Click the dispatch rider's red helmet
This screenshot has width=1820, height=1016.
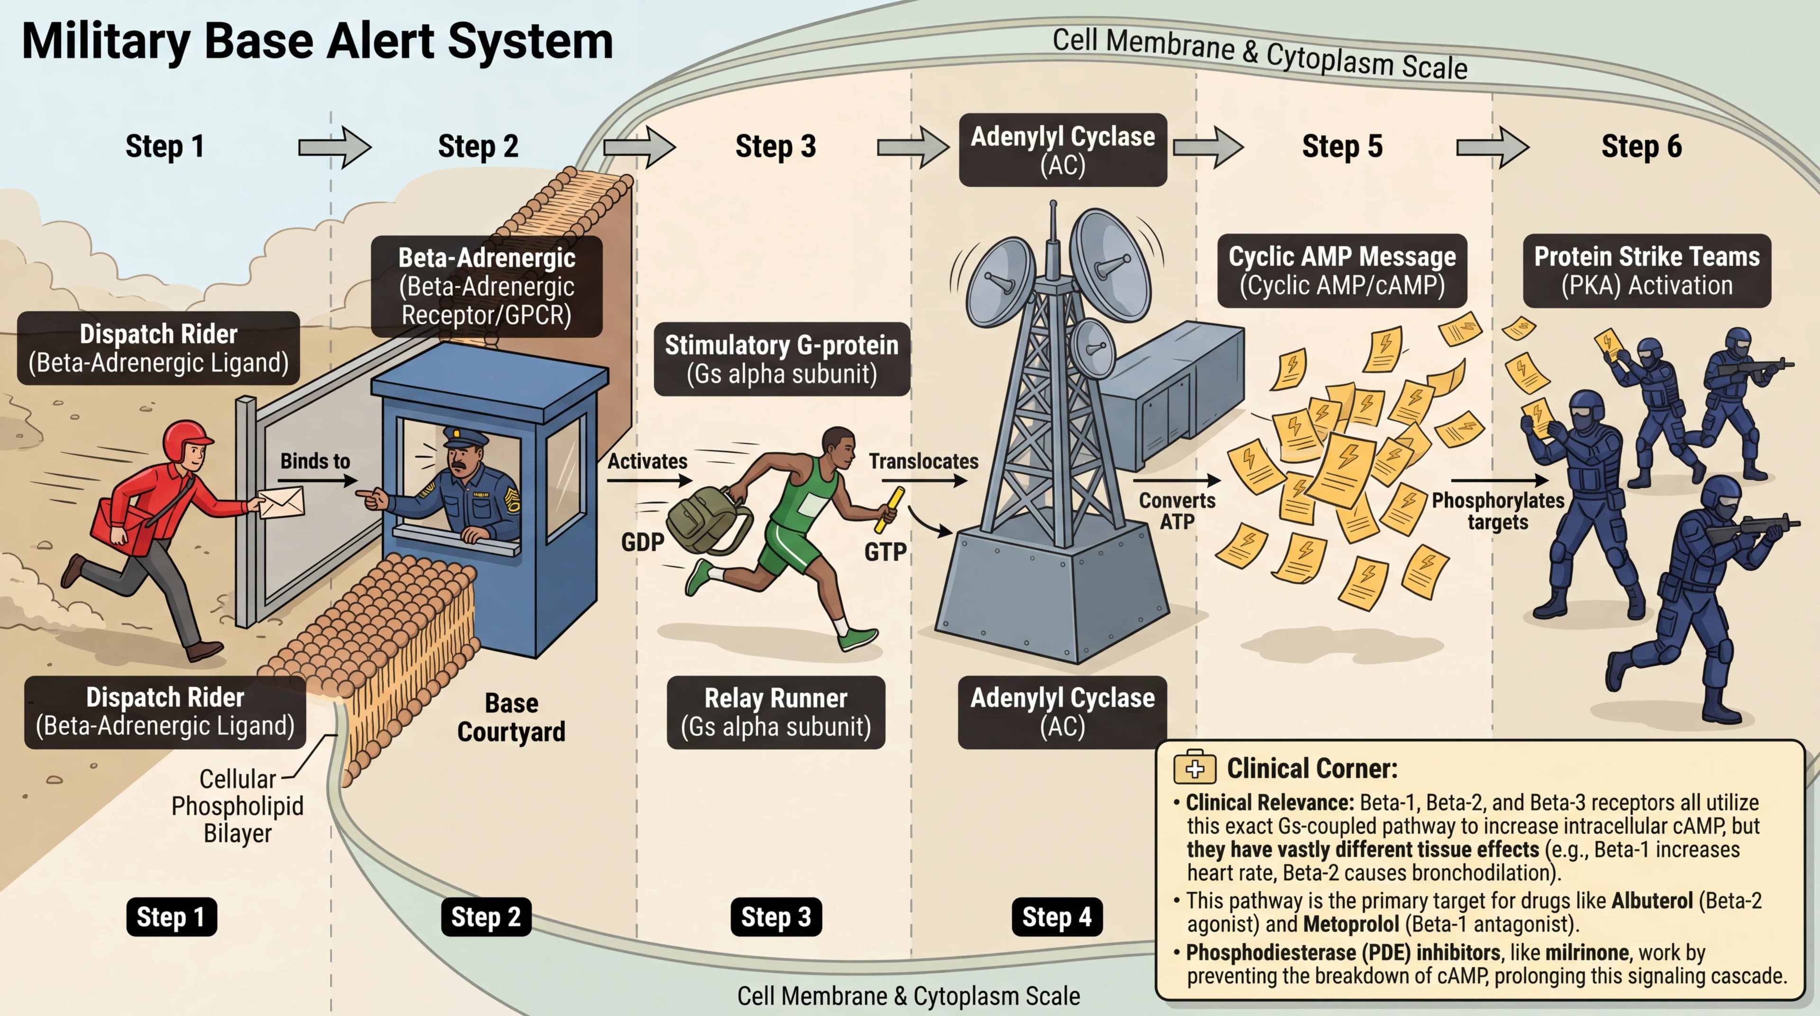tap(185, 439)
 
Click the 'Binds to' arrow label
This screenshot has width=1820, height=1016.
tap(315, 461)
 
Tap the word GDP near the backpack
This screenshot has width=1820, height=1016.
tap(642, 543)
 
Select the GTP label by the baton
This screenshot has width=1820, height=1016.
tap(885, 552)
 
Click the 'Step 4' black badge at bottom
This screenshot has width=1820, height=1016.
tap(1056, 917)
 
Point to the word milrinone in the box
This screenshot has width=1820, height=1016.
tap(1587, 952)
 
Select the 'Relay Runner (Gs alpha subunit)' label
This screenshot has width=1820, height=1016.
tap(776, 712)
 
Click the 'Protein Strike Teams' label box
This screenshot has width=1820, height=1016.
tap(1646, 271)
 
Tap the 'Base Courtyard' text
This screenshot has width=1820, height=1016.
tap(511, 717)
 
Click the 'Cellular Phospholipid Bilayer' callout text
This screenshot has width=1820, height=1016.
tap(237, 806)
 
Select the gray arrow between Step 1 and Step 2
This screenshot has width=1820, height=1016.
tap(334, 147)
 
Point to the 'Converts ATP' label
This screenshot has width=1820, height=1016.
tap(1176, 511)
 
